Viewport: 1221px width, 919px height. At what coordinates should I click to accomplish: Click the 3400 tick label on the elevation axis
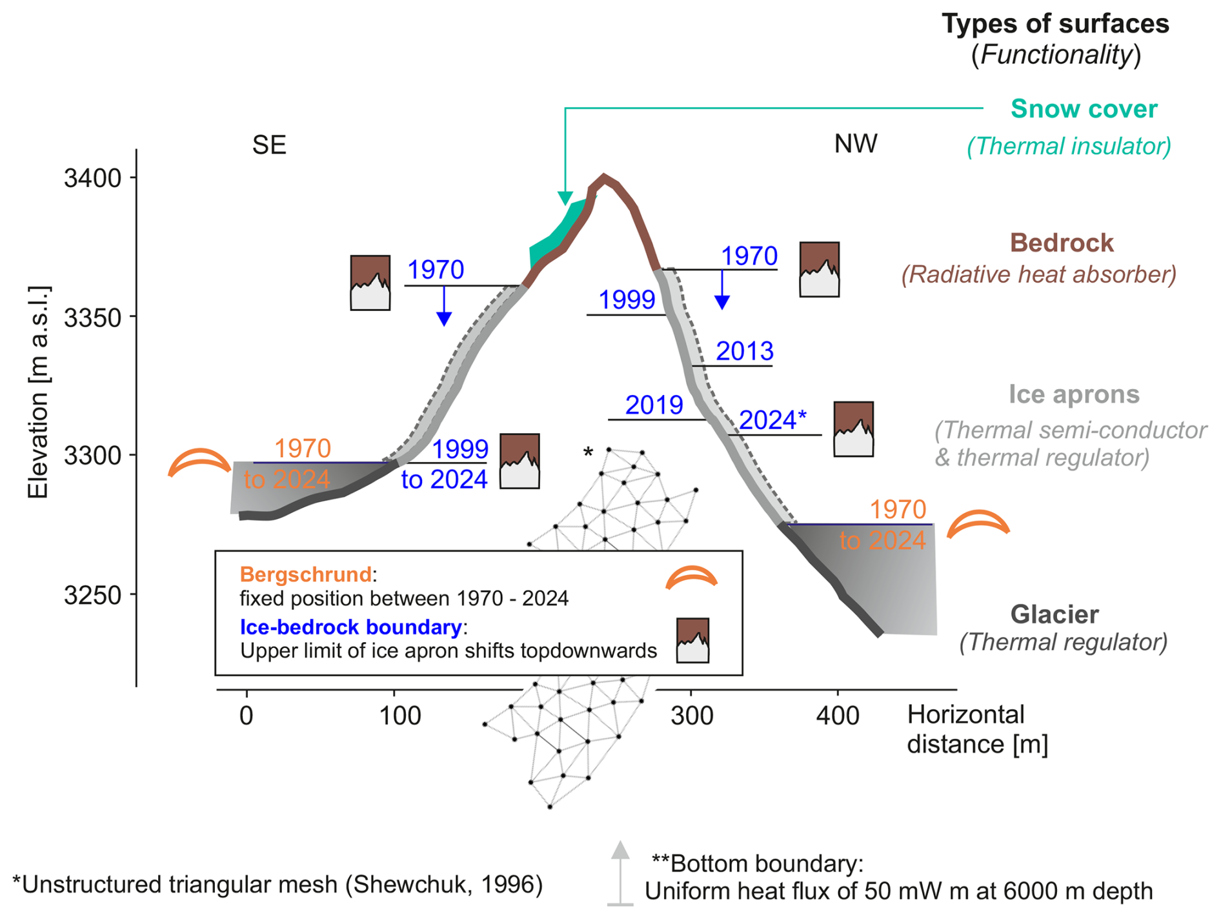[93, 178]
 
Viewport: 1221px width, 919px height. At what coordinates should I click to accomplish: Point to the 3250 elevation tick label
[93, 595]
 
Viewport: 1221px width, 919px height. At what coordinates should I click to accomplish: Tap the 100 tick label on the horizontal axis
[400, 716]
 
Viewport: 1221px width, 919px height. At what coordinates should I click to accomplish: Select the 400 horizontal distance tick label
[838, 716]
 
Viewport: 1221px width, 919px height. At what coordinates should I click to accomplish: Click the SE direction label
[269, 145]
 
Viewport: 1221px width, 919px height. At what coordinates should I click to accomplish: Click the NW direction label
[856, 144]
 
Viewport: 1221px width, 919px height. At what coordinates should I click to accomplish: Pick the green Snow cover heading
[1084, 109]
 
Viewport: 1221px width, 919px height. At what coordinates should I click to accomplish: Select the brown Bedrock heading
[1062, 243]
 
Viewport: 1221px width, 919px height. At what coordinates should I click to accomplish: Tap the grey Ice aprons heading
[1074, 394]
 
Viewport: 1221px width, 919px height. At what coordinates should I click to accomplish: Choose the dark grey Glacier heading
[1054, 614]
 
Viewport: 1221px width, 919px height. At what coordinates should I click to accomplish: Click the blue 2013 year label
[745, 351]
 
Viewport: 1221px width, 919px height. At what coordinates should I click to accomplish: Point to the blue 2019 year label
[654, 405]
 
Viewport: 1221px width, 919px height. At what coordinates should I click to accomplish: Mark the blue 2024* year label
[772, 420]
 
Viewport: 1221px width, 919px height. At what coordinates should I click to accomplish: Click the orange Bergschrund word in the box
[306, 574]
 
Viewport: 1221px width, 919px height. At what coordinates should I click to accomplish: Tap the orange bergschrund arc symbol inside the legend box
[691, 577]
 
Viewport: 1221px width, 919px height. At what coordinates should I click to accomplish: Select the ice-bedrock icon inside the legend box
[692, 640]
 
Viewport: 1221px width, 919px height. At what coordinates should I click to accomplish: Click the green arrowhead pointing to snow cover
[565, 198]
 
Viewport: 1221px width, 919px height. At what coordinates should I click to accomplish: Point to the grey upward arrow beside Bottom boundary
[620, 873]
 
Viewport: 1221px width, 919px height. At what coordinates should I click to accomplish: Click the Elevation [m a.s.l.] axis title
[39, 392]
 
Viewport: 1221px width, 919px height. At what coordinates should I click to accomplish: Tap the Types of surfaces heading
[1055, 25]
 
